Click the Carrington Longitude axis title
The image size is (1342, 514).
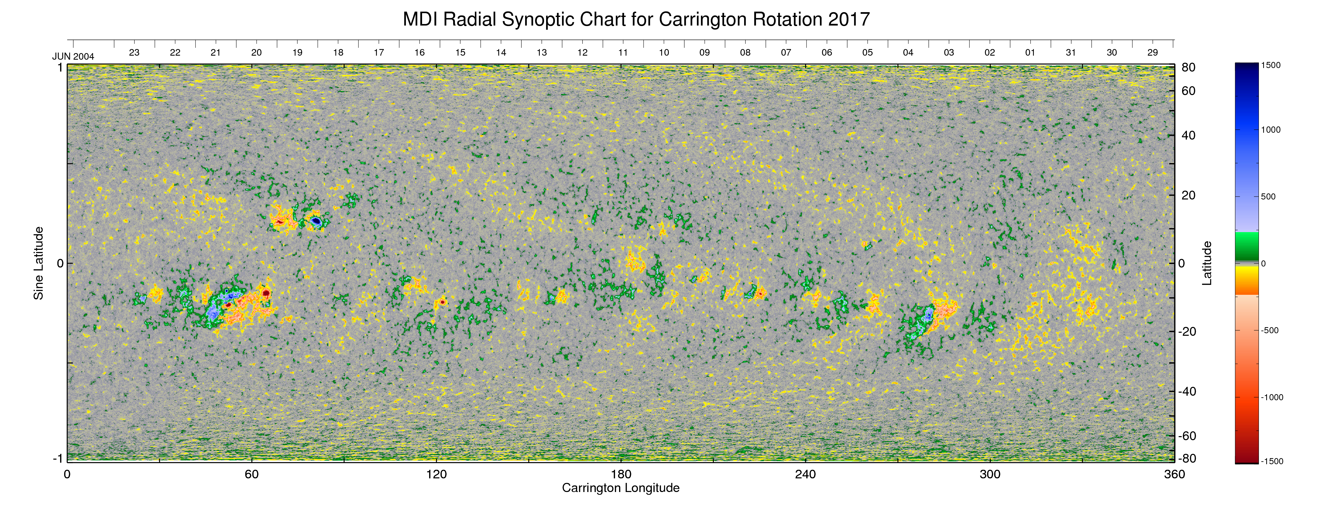[x=620, y=488]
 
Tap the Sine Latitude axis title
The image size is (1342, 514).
[x=39, y=263]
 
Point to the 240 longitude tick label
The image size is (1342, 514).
[x=806, y=474]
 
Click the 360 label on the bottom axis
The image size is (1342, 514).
[x=1174, y=474]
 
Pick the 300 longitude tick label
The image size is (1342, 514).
[x=990, y=474]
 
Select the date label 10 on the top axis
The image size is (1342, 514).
[x=664, y=53]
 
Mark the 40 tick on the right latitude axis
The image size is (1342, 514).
[x=1188, y=136]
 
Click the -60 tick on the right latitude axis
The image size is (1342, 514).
[x=1188, y=436]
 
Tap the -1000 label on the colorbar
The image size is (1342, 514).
[x=1272, y=397]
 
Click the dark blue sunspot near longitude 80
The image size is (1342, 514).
[x=316, y=221]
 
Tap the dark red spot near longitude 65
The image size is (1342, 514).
[x=266, y=293]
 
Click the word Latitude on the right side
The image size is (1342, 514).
[x=1207, y=263]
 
